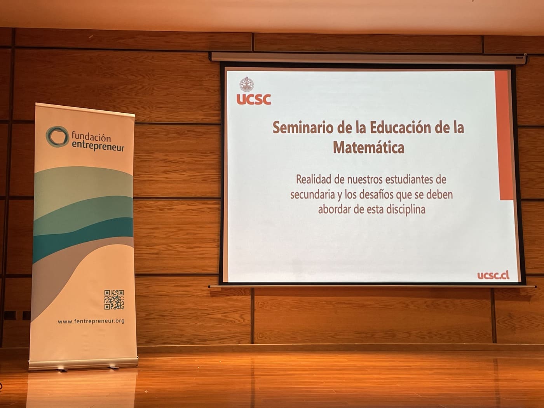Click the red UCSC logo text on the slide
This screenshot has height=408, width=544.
pyautogui.click(x=254, y=99)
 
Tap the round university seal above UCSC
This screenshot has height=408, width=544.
pyautogui.click(x=247, y=84)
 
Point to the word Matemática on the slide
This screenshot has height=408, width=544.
pyautogui.click(x=368, y=148)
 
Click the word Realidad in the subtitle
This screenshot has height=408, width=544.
pyautogui.click(x=314, y=180)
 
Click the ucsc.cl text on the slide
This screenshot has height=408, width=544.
pyautogui.click(x=493, y=275)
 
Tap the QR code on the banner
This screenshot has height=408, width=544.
pyautogui.click(x=114, y=300)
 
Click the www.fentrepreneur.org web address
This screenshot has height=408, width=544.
pyautogui.click(x=91, y=321)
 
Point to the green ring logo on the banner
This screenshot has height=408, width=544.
pyautogui.click(x=57, y=137)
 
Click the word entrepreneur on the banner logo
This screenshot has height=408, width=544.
pyautogui.click(x=98, y=146)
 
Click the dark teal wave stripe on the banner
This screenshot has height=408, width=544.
pyautogui.click(x=83, y=237)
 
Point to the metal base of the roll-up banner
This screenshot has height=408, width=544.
pyautogui.click(x=83, y=363)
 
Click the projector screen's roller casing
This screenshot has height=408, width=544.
pyautogui.click(x=368, y=58)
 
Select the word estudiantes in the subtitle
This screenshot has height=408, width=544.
pyautogui.click(x=410, y=180)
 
